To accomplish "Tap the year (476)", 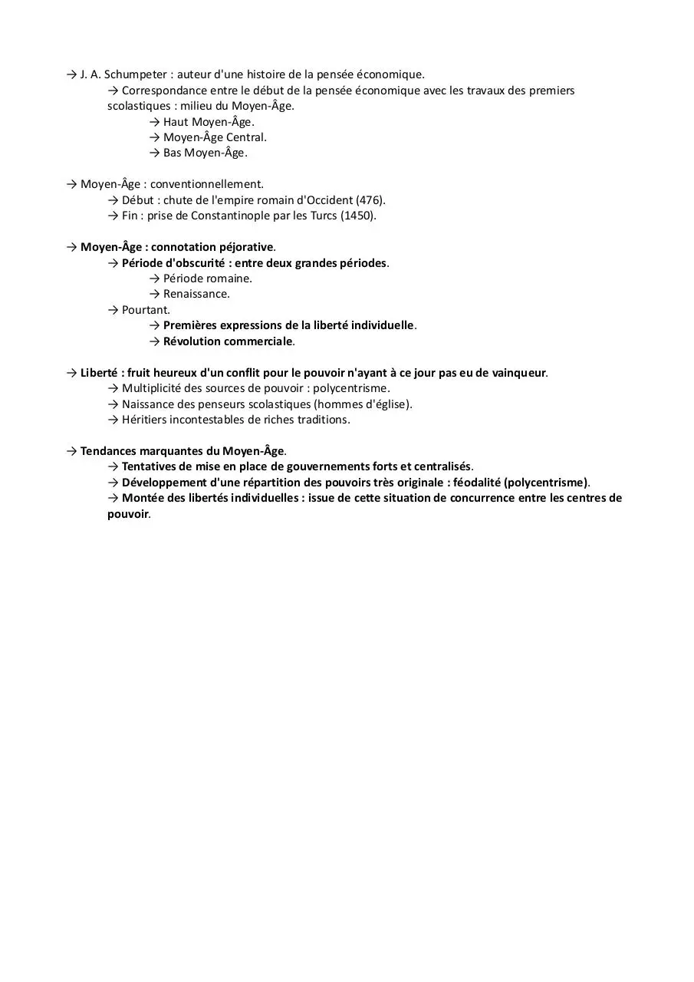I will click(370, 200).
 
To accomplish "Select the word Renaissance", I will click(196, 294).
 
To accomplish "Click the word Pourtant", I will click(146, 310).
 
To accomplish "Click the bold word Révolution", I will click(192, 341).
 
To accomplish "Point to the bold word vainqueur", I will click(518, 373).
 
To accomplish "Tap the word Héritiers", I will click(146, 420).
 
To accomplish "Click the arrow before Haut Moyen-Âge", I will click(155, 122).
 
